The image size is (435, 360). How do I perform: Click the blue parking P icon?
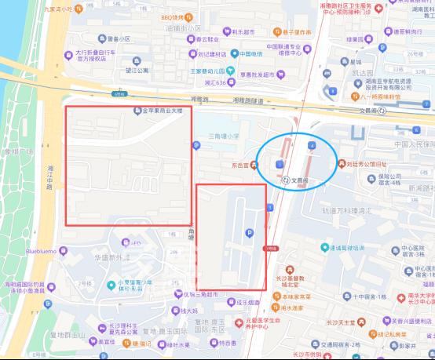250,233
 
